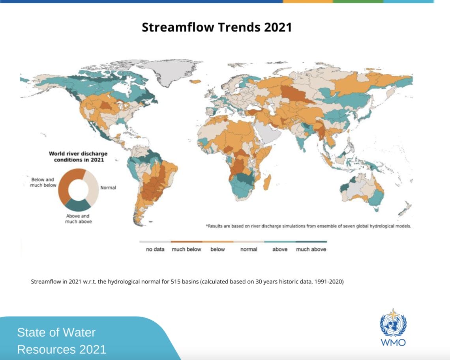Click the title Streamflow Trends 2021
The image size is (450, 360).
(217, 27)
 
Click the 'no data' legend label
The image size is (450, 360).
(155, 249)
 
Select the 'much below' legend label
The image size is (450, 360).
(186, 249)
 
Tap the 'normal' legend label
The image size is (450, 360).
(249, 249)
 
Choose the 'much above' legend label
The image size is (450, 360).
(311, 249)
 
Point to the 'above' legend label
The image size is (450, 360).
(280, 249)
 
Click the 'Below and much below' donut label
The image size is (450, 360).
(43, 182)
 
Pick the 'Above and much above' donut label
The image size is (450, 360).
(78, 218)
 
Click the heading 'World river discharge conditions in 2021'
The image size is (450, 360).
(78, 157)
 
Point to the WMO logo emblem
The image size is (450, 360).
(393, 323)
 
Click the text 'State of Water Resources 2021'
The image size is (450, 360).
(62, 341)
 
